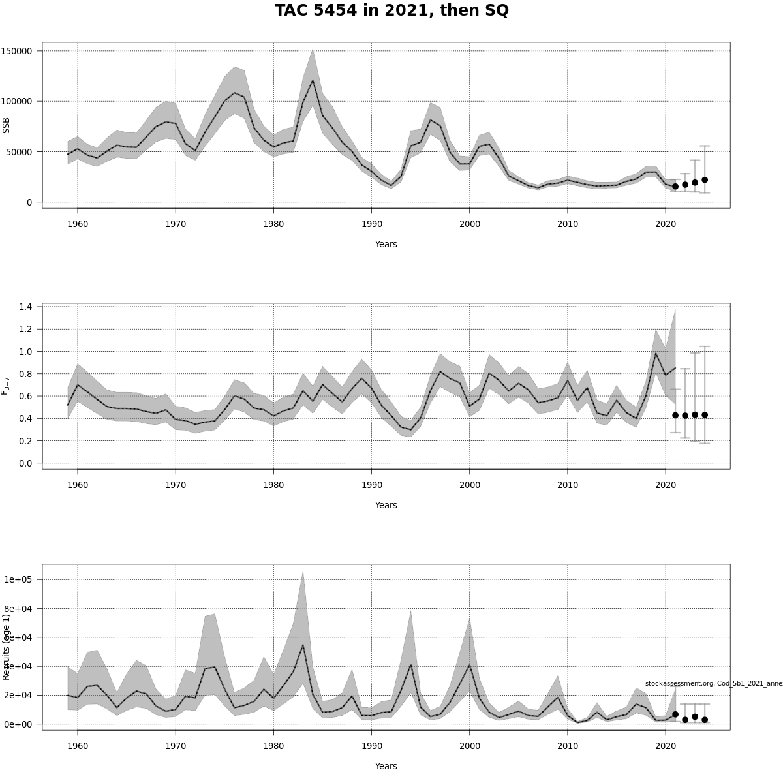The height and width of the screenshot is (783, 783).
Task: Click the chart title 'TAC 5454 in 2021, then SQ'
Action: click(x=391, y=11)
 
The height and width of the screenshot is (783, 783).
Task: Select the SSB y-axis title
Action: click(x=7, y=125)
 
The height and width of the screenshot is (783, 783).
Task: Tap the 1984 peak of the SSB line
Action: click(x=313, y=80)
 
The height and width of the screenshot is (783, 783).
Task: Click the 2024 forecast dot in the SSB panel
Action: click(x=705, y=179)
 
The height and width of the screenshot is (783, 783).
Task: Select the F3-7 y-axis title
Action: click(x=6, y=386)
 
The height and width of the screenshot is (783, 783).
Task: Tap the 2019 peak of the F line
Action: click(x=656, y=353)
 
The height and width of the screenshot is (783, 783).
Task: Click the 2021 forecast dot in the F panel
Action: click(x=675, y=415)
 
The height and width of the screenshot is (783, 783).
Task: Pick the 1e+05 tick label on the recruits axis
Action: click(x=23, y=579)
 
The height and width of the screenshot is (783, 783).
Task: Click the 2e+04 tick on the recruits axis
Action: click(x=23, y=695)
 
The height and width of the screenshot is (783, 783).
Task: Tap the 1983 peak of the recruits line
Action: click(x=303, y=645)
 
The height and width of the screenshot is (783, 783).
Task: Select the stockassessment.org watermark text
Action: click(x=714, y=683)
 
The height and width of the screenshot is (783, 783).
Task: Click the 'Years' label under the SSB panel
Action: click(x=386, y=244)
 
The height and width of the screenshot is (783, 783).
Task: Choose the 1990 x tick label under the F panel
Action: click(x=371, y=485)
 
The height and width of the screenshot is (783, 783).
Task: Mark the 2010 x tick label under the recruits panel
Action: click(x=568, y=746)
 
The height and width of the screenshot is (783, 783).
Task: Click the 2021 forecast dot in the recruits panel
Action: click(x=675, y=714)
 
